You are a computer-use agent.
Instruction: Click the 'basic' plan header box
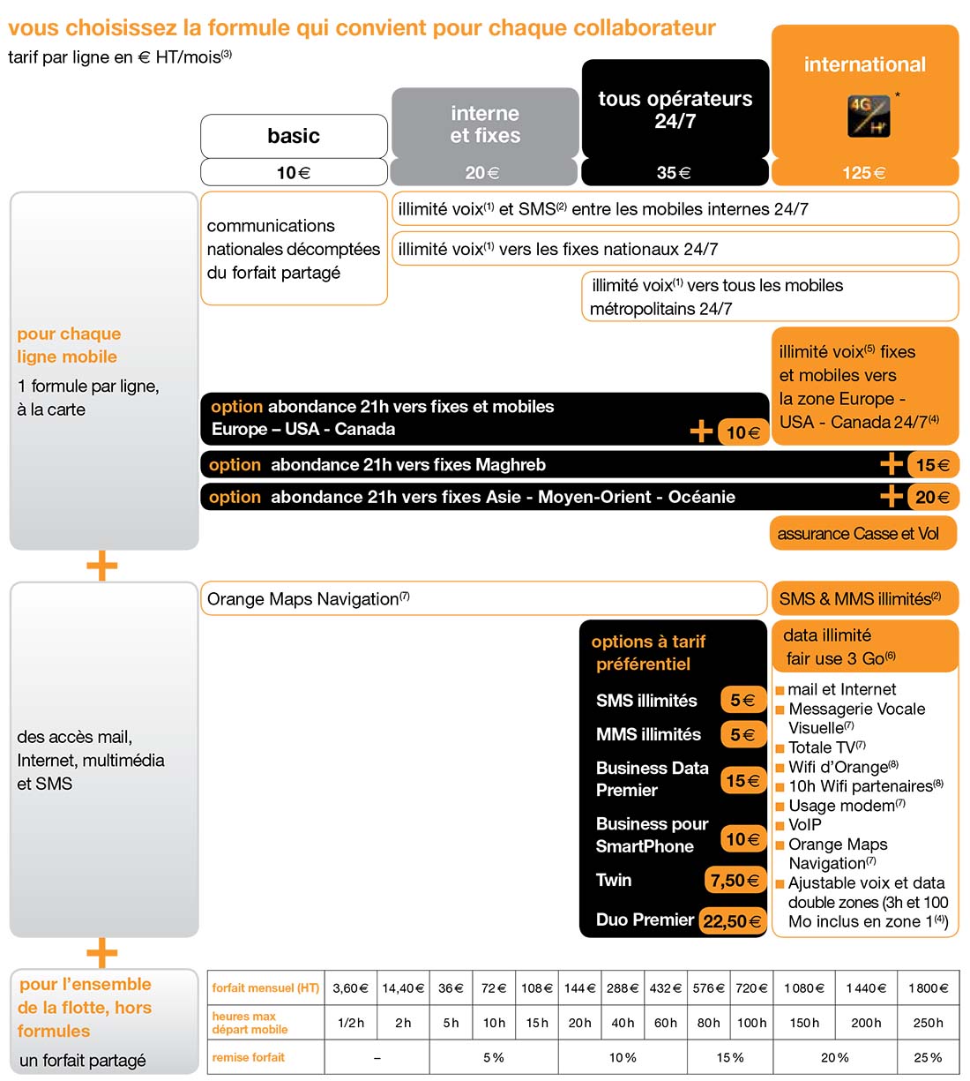point(294,136)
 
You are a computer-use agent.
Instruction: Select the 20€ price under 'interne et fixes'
point(483,173)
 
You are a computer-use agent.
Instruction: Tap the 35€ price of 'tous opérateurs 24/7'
point(675,173)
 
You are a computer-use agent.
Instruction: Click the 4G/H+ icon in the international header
point(869,116)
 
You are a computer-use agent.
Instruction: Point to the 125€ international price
point(864,173)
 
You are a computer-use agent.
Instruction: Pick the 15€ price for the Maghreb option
point(932,465)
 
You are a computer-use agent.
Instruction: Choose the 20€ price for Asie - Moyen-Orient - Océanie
point(932,497)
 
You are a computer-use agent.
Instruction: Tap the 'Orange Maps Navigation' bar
point(483,599)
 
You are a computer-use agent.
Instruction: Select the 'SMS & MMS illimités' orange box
point(863,599)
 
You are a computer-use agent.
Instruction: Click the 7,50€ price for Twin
point(735,880)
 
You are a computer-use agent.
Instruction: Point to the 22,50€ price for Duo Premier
point(732,920)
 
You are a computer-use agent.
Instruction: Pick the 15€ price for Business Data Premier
point(742,780)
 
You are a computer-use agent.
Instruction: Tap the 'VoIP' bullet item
point(804,824)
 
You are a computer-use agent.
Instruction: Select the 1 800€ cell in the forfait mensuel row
point(929,988)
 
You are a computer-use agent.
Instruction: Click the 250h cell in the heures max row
point(929,1023)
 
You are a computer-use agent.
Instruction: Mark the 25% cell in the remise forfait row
point(929,1057)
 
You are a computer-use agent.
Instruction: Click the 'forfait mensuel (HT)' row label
point(265,988)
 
